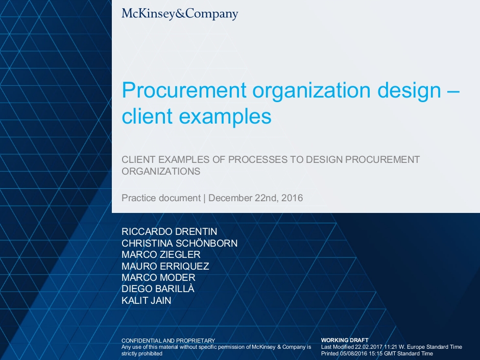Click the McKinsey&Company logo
[x=180, y=14]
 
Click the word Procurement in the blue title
[x=184, y=90]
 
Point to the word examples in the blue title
[x=225, y=117]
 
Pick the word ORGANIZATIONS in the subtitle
[x=161, y=171]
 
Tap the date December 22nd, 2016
[x=256, y=198]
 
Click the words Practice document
[x=161, y=198]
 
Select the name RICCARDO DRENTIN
[x=170, y=231]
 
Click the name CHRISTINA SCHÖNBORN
[x=179, y=243]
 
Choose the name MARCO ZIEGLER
[x=161, y=254]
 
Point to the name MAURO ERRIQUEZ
[x=165, y=266]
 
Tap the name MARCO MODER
[x=158, y=277]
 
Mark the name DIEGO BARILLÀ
[x=158, y=289]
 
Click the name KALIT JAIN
[x=147, y=300]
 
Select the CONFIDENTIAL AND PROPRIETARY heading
[x=169, y=341]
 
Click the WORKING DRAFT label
[x=345, y=340]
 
